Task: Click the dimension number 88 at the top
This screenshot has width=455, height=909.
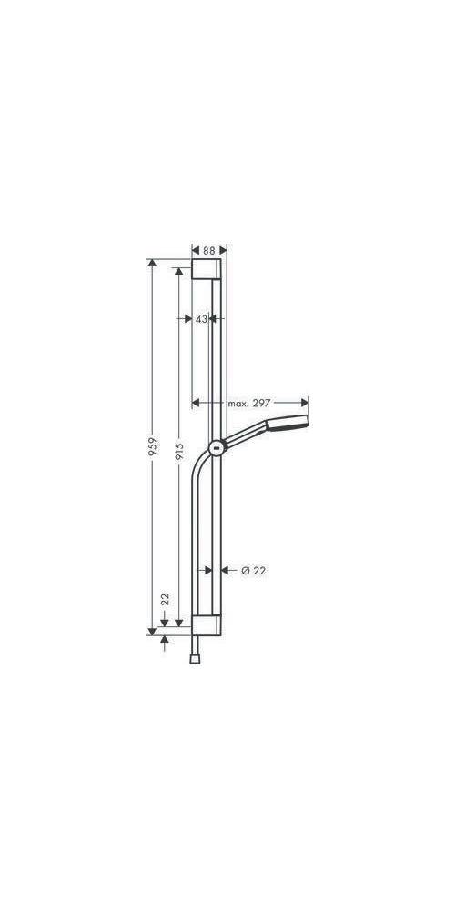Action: (209, 249)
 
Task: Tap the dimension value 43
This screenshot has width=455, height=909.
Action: (201, 318)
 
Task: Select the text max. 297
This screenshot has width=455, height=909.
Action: (250, 403)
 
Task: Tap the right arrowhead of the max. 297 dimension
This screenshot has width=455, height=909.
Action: (303, 403)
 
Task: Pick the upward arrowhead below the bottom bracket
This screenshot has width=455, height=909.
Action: (165, 641)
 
